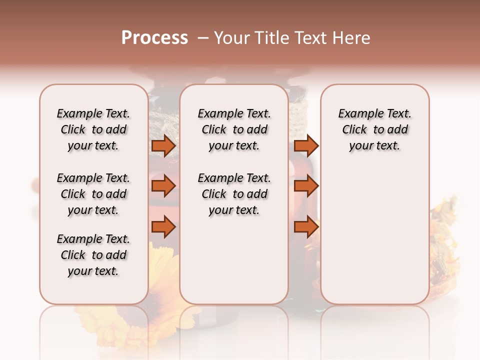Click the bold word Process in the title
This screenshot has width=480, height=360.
[x=154, y=38]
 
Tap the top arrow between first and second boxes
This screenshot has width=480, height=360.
[x=164, y=146]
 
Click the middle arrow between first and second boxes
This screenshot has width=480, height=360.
[x=164, y=186]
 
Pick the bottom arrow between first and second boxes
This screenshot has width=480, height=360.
[x=164, y=227]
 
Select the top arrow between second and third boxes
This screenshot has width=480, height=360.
[x=306, y=146]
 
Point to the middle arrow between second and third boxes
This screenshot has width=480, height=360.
[x=306, y=186]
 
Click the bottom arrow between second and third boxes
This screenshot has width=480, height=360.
[x=306, y=227]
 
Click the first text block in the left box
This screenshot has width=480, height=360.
[x=93, y=129]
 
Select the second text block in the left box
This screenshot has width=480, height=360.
[x=93, y=194]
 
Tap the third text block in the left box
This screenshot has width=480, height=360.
[x=93, y=255]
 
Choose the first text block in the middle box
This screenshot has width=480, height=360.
[x=234, y=129]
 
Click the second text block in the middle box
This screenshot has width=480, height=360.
[x=234, y=194]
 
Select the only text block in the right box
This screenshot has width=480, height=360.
[x=374, y=129]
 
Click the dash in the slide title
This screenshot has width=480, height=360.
[x=203, y=38]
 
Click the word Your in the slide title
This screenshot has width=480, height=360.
[x=233, y=38]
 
